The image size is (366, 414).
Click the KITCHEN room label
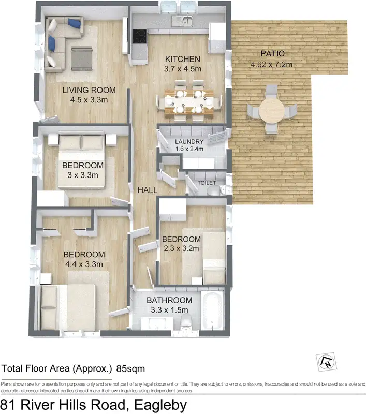click(182, 58)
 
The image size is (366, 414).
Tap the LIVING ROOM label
click(89, 90)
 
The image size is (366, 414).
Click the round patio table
click(272, 110)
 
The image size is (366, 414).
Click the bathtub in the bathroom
click(212, 310)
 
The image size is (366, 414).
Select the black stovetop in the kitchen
click(139, 36)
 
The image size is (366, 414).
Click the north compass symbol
click(327, 361)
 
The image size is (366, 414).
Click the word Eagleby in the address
click(157, 404)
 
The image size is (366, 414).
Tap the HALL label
click(148, 190)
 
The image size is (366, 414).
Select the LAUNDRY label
click(189, 142)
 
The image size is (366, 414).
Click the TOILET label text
click(207, 183)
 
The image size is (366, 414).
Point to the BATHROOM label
click(169, 300)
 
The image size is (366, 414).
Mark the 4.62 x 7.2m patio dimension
click(272, 65)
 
